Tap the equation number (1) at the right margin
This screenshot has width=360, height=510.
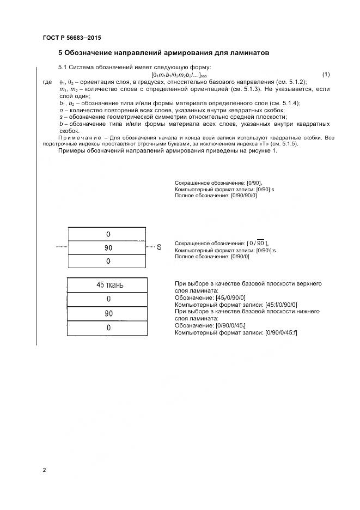[326, 74]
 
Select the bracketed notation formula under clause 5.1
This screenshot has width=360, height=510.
[179, 75]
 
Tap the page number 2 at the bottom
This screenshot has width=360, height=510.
[44, 469]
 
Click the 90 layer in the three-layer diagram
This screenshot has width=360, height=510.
[108, 247]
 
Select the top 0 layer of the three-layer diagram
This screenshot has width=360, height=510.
[108, 234]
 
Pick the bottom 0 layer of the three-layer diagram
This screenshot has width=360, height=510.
[108, 261]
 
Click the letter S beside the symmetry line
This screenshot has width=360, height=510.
[159, 247]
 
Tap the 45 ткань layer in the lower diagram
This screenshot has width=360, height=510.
[109, 285]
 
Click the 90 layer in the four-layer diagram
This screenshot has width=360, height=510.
[108, 313]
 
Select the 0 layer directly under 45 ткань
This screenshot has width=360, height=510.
[108, 299]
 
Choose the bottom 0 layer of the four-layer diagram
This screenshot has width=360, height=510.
[108, 327]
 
